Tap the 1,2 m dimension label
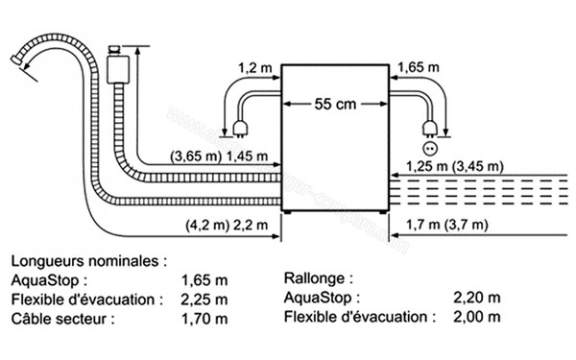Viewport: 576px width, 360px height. (x=249, y=68)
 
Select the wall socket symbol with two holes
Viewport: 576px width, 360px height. (x=430, y=149)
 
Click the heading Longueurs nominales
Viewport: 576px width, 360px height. (x=90, y=259)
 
